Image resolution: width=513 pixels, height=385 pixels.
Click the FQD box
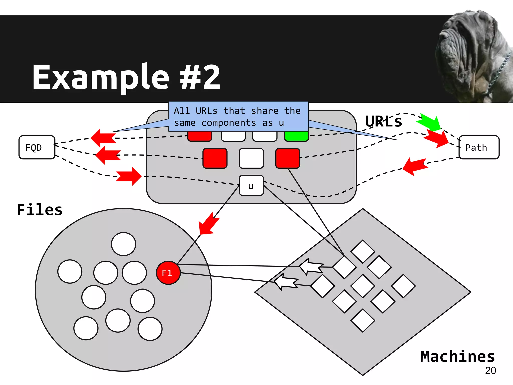pos(37,147)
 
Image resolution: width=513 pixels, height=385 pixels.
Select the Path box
pos(479,147)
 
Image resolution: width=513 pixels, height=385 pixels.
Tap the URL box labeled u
pos(251,185)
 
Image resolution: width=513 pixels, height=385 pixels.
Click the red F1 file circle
pos(168,273)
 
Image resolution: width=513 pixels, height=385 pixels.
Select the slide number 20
pos(490,371)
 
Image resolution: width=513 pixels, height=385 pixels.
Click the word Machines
pos(457,356)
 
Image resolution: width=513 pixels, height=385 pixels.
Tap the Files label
pos(40,210)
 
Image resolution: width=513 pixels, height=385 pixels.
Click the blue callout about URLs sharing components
pos(238,117)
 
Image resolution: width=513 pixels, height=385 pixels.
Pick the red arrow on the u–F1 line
pos(208,224)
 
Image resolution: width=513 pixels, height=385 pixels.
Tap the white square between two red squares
pos(251,158)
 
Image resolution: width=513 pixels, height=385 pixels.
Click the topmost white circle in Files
pos(123,244)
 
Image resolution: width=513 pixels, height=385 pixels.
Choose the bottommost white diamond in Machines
pos(363,321)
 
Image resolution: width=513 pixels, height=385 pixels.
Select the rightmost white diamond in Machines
pos(403,286)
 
